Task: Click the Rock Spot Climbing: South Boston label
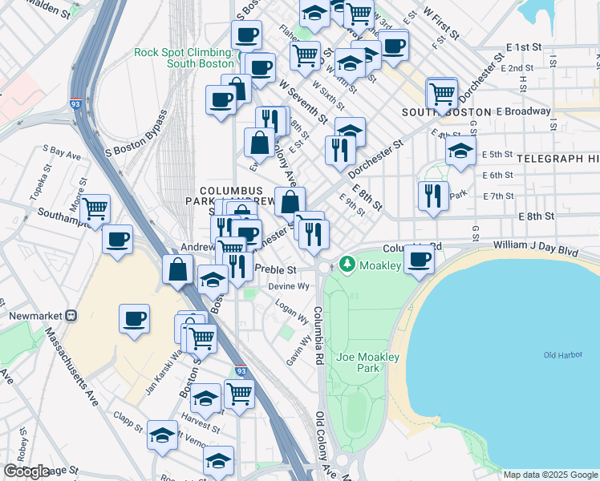pyautogui.click(x=184, y=58)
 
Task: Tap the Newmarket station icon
pyautogui.click(x=71, y=316)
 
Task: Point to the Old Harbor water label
pyautogui.click(x=561, y=355)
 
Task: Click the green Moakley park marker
pyautogui.click(x=347, y=263)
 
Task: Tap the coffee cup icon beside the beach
pyautogui.click(x=419, y=259)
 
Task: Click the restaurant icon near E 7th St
pyautogui.click(x=433, y=195)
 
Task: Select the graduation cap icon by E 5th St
pyautogui.click(x=460, y=150)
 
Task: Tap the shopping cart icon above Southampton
pyautogui.click(x=95, y=209)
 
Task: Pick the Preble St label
pyautogui.click(x=275, y=269)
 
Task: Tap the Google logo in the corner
pyautogui.click(x=26, y=471)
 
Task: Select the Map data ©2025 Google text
pyautogui.click(x=549, y=475)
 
